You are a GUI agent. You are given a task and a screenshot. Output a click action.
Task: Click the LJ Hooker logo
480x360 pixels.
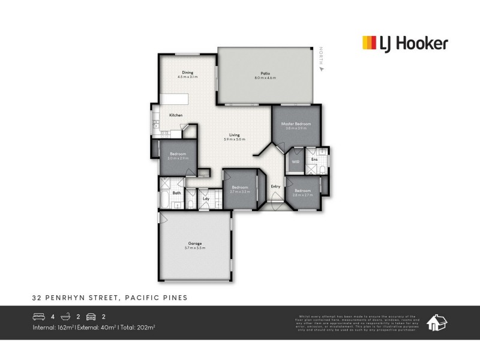[404, 43]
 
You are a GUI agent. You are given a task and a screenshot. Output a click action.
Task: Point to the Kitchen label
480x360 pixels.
[176, 115]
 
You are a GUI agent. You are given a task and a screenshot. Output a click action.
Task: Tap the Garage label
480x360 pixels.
[194, 244]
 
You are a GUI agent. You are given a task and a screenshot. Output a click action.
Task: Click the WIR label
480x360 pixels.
[296, 162]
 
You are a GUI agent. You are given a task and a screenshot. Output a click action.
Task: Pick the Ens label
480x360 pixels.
[314, 160]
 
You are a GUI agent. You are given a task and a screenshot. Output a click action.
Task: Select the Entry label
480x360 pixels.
[276, 187]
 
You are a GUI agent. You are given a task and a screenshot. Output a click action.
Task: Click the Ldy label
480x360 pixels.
[206, 198]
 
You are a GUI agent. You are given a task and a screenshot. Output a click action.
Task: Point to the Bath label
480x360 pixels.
[177, 193]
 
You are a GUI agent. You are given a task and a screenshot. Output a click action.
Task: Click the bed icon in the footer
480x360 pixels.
[38, 316]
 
